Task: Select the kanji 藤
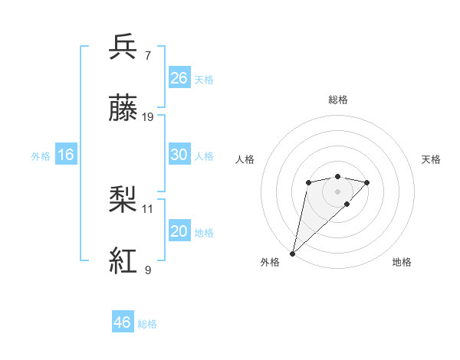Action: (x=124, y=110)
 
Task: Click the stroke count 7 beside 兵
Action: (x=148, y=55)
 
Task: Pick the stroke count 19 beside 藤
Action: (x=148, y=117)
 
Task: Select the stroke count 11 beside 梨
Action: (x=148, y=208)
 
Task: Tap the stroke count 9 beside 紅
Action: (x=148, y=270)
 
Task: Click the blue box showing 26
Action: (x=179, y=78)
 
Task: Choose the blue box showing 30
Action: (x=179, y=155)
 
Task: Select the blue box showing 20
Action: (x=179, y=231)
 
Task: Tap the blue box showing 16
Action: (x=66, y=155)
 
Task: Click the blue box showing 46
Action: (x=122, y=322)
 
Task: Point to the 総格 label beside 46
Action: (x=147, y=324)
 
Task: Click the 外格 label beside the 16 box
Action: (x=41, y=156)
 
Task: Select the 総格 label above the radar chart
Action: (x=337, y=100)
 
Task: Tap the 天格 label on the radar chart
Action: (x=431, y=159)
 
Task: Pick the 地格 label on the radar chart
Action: (x=402, y=262)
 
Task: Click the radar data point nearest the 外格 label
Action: (x=292, y=253)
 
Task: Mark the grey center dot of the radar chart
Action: (x=337, y=191)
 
